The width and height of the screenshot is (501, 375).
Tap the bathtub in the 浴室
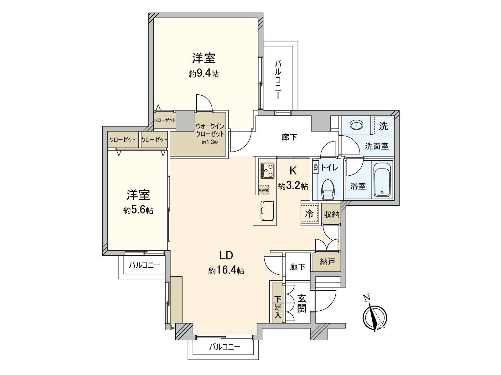coord(382,180)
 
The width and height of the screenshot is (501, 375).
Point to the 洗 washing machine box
coord(384,126)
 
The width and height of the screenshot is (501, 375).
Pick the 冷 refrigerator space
coord(309,214)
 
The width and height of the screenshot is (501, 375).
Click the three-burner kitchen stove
coord(267,170)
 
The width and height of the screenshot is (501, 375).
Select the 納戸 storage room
coord(327,262)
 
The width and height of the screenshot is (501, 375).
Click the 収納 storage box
coord(331,214)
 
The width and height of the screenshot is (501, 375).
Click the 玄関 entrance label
coord(301,303)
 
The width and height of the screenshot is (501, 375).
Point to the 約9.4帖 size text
coord(204,74)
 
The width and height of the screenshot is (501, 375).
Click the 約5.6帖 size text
coord(138,210)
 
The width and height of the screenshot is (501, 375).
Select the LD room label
coord(226,255)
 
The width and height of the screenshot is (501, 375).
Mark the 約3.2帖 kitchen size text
coord(293,186)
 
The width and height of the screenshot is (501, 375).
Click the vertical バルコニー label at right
coord(278,80)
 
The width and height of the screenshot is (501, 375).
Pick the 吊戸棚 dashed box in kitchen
coord(263,190)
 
